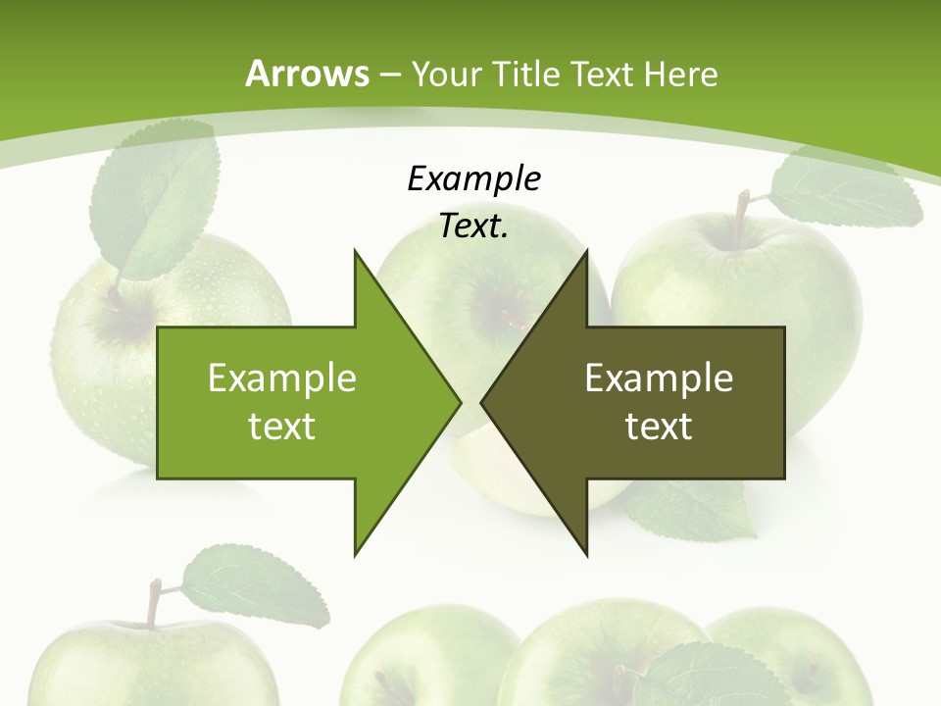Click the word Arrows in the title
[307, 74]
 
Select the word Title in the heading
[534, 74]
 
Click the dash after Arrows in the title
[389, 75]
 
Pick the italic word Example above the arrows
[474, 178]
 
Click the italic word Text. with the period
[474, 227]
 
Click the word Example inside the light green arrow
[282, 378]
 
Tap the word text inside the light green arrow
[282, 427]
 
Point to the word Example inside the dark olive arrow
[659, 378]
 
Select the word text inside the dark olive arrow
[659, 427]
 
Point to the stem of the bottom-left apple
[153, 602]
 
